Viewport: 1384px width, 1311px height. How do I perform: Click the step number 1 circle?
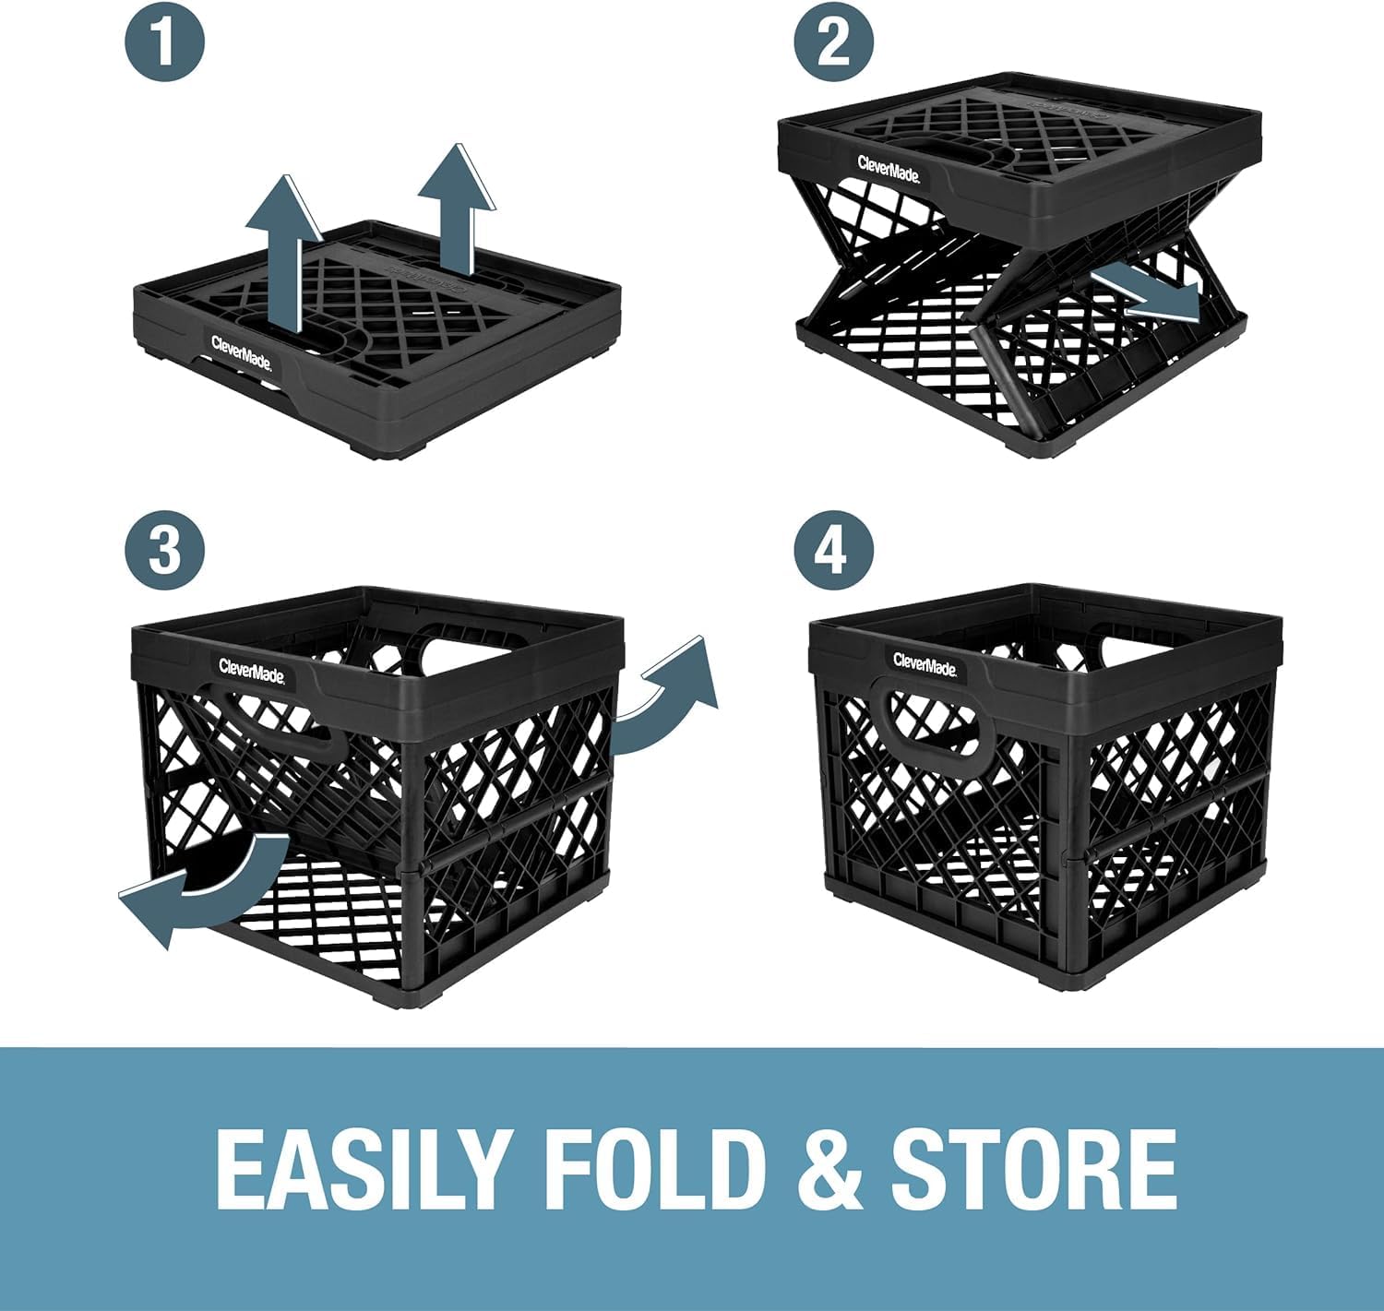[x=165, y=42]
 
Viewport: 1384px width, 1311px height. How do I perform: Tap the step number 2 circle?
[x=833, y=42]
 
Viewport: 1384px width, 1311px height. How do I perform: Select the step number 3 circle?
[x=165, y=549]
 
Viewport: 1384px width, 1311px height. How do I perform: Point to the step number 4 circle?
[x=833, y=549]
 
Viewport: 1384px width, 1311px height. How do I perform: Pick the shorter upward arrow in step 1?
[x=457, y=209]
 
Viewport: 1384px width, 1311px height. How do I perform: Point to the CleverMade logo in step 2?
[x=889, y=169]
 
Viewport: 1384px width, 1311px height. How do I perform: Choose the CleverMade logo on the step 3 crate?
[x=252, y=671]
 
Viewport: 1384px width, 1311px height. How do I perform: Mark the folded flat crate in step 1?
[x=377, y=340]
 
